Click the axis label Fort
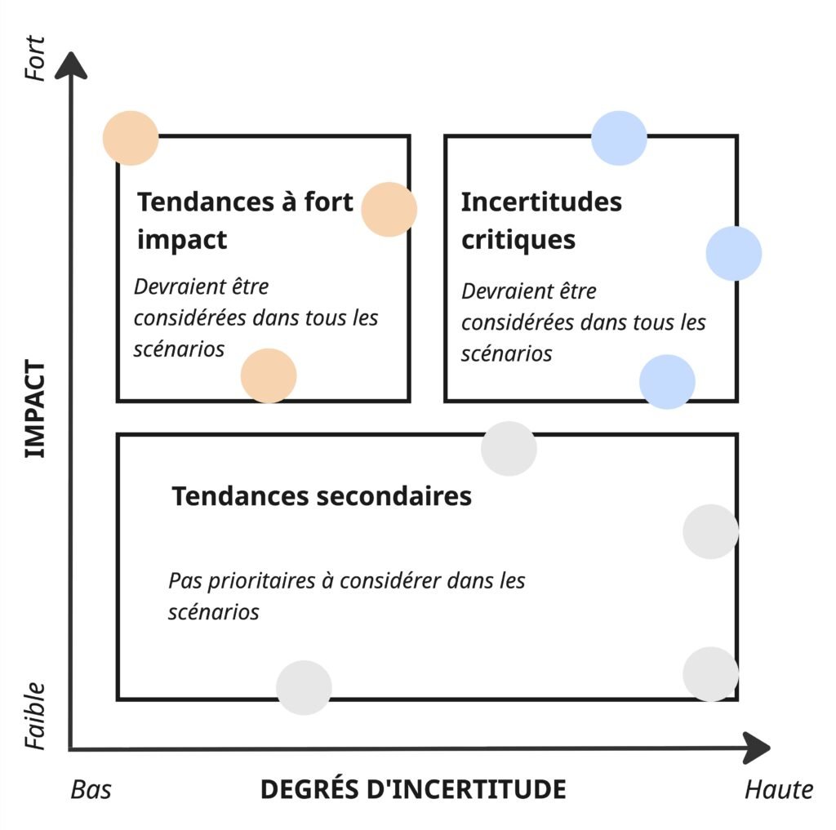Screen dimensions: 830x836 tap(35, 57)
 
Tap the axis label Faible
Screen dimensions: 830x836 tap(35, 716)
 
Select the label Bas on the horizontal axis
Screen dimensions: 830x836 tap(91, 789)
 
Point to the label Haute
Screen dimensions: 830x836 tap(778, 789)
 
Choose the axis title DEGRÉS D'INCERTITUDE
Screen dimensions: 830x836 tap(412, 789)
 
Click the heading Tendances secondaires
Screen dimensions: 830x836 tap(322, 496)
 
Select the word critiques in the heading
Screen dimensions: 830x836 tap(518, 240)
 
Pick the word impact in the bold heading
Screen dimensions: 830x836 tap(181, 240)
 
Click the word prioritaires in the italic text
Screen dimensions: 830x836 tap(264, 581)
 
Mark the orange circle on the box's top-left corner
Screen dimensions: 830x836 tap(131, 138)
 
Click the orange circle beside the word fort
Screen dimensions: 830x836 tap(389, 210)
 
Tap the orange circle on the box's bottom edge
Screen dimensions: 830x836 tap(269, 375)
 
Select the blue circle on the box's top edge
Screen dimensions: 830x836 tap(619, 138)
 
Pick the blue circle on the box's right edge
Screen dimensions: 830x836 tap(733, 253)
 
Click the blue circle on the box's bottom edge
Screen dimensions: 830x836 tap(667, 381)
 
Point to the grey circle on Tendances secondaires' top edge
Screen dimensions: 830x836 tap(509, 448)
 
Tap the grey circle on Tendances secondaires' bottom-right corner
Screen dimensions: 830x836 tap(710, 674)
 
